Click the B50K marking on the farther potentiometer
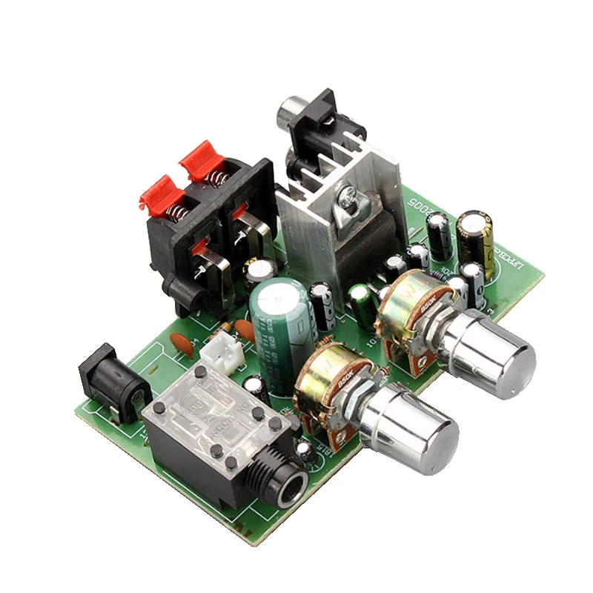pos(428,302)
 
